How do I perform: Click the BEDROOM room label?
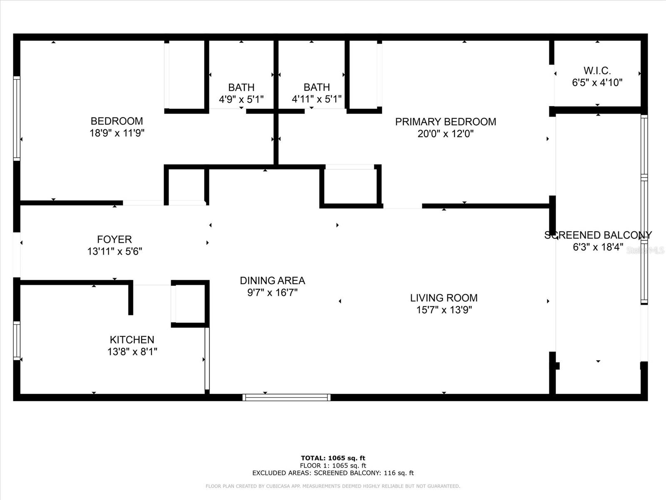point(117,121)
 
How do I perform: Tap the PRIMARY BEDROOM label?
point(445,122)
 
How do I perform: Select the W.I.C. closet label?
point(597,70)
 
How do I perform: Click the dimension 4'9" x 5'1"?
point(241,99)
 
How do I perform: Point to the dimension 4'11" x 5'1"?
point(316,99)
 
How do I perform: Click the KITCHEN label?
point(132,340)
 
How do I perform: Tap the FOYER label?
point(114,239)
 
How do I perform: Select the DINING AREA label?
point(272,280)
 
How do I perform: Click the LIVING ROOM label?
point(444,298)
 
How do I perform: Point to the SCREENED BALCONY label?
point(598,235)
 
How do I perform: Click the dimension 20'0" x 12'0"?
point(445,134)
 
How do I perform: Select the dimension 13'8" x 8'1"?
point(132,352)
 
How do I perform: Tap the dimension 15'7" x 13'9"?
point(444,310)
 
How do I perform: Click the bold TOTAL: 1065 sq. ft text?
point(333,458)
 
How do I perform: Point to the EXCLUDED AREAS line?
point(333,473)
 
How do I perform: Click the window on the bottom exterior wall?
point(286,397)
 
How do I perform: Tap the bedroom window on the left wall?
point(17,118)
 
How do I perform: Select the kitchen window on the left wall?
point(17,341)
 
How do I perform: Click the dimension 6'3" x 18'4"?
point(598,247)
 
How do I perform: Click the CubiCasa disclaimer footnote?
point(333,486)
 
